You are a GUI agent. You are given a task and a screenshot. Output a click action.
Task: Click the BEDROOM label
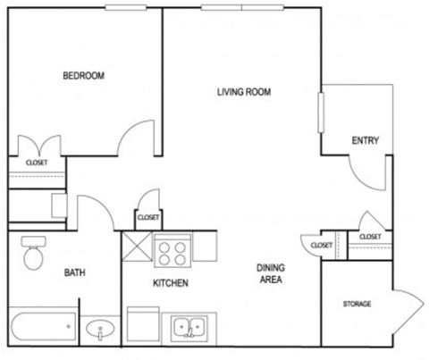83,76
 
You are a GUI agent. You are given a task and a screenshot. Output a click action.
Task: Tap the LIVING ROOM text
244,91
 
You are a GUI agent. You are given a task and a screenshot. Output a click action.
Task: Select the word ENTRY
366,140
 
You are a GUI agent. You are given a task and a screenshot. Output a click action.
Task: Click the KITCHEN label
170,283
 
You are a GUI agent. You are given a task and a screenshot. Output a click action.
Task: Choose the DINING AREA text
270,273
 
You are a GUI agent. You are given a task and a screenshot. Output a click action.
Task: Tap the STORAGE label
357,305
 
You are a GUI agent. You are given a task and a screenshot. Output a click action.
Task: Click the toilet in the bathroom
33,253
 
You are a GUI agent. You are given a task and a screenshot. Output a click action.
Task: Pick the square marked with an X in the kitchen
138,245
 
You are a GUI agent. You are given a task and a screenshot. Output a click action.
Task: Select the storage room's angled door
404,309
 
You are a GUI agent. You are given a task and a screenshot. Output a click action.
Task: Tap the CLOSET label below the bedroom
37,163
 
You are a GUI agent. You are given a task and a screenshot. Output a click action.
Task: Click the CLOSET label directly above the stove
148,217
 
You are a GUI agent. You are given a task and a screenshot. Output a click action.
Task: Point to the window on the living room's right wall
321,112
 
